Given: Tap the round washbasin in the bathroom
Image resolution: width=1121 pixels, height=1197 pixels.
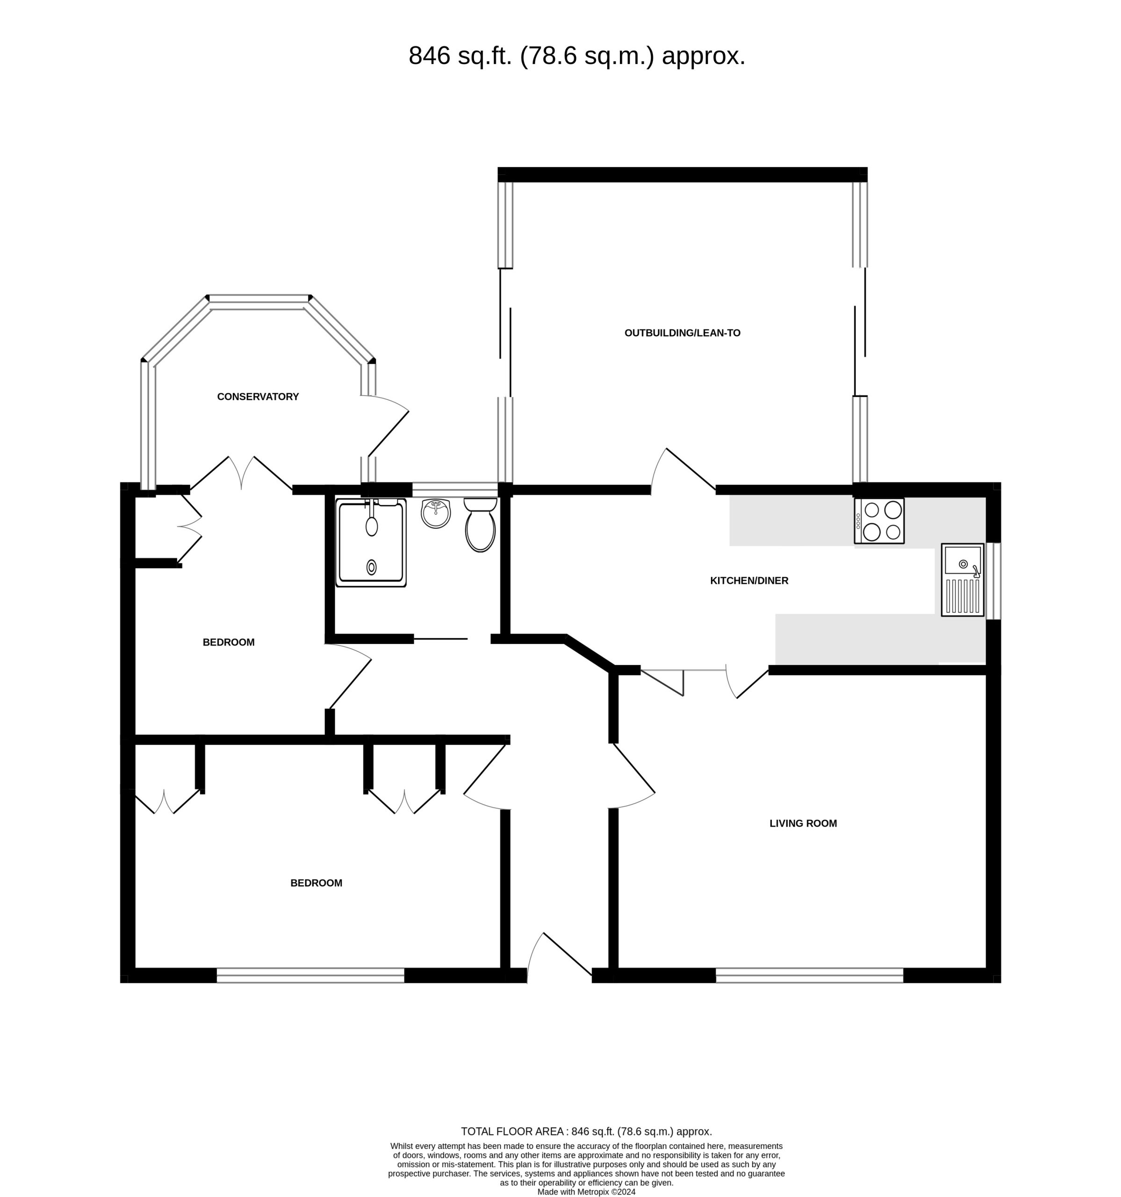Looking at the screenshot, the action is click(x=435, y=513).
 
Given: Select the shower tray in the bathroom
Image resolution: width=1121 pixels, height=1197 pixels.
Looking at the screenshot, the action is click(x=371, y=542).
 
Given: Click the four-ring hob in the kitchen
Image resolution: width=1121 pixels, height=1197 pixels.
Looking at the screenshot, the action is click(x=879, y=521).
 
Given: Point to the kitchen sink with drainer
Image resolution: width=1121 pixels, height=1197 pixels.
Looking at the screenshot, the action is click(x=963, y=580).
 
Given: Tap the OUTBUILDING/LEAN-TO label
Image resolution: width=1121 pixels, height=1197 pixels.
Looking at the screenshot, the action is click(x=682, y=333).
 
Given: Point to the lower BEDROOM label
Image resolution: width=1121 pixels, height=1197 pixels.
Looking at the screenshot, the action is click(x=316, y=883).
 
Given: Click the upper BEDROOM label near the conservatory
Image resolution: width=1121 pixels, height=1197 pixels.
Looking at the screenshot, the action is click(x=228, y=642).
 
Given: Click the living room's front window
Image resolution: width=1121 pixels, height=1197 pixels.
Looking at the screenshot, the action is click(x=809, y=975).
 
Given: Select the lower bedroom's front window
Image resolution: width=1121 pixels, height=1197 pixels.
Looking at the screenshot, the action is click(x=310, y=975).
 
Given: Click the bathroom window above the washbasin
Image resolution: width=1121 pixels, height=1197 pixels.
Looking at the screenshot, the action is click(x=454, y=490).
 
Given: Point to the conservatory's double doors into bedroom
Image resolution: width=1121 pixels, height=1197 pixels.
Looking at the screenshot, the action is click(x=241, y=473).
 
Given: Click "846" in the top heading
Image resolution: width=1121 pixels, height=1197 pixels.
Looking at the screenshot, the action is click(x=429, y=56).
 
